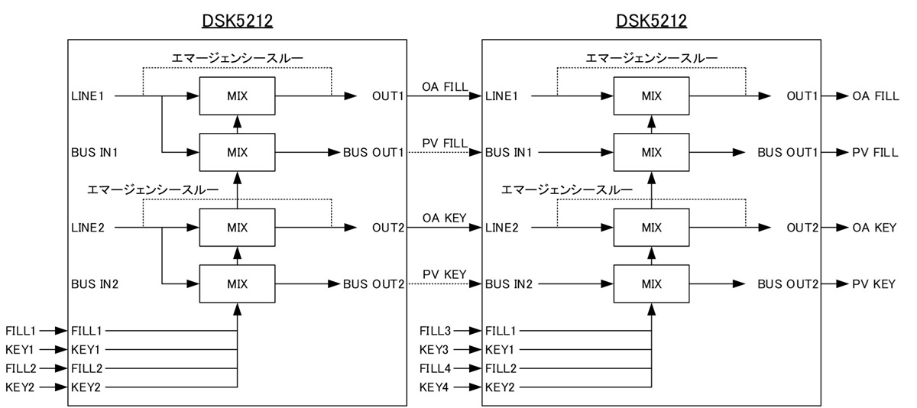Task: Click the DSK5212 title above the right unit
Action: [651, 20]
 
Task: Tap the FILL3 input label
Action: [435, 331]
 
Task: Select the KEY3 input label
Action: [433, 350]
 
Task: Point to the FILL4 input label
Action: [435, 368]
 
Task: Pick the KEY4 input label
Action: [433, 387]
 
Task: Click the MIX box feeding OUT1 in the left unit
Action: [237, 96]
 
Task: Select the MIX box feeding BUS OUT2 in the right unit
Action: [651, 284]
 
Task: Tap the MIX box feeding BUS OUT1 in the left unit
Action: [237, 152]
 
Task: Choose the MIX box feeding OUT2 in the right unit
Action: [651, 228]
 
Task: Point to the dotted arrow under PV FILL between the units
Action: [444, 153]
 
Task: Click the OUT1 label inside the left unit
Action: [387, 96]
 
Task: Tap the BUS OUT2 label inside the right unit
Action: [788, 284]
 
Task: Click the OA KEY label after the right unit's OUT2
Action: [874, 228]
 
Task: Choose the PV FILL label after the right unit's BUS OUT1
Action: [875, 152]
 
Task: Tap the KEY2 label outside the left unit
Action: [20, 387]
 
